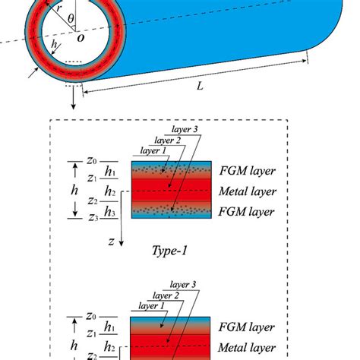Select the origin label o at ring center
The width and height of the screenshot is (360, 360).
pyautogui.click(x=77, y=39)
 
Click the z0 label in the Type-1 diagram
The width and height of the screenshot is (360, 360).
pyautogui.click(x=93, y=160)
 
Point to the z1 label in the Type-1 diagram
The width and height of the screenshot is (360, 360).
pyautogui.click(x=93, y=178)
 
